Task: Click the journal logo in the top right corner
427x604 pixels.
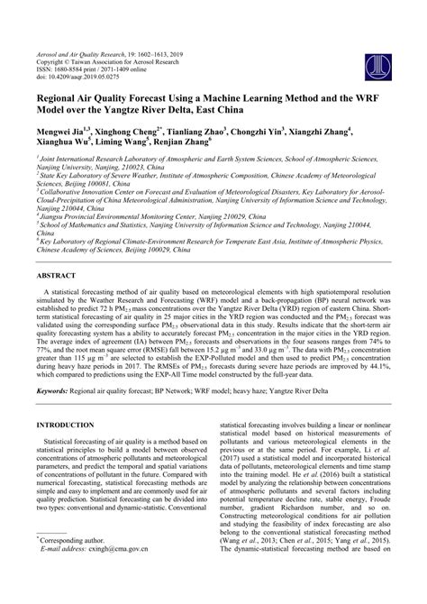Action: tap(371, 40)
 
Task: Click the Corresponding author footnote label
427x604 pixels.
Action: tap(76, 562)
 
